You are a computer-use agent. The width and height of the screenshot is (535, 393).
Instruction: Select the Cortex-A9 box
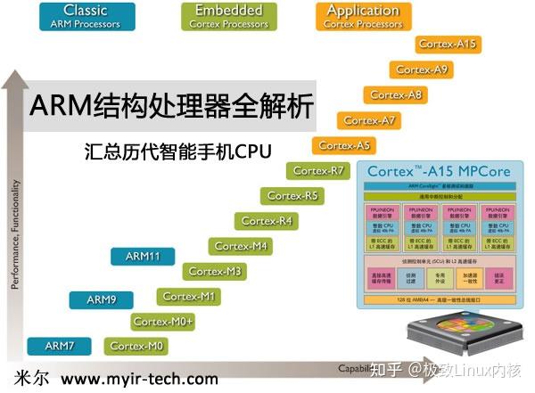click(422, 69)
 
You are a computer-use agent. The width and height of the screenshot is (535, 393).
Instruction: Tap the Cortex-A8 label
click(395, 94)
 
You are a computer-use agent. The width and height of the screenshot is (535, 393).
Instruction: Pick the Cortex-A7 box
click(369, 119)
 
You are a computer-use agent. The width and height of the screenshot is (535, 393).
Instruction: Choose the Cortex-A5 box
click(343, 145)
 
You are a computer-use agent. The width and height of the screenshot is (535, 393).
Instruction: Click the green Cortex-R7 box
click(317, 170)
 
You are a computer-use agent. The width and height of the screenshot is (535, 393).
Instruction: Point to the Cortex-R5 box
click(292, 195)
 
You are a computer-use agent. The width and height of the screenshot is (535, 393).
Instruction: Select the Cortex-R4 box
click(267, 220)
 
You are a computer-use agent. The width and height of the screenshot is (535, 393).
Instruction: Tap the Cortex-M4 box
click(241, 246)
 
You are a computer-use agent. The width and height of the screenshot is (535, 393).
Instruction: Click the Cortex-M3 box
click(215, 271)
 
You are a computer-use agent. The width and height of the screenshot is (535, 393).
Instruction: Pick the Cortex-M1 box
click(189, 296)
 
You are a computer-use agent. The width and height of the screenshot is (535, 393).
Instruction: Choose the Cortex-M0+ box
click(163, 321)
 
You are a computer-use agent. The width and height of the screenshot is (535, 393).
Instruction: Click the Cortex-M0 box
click(136, 346)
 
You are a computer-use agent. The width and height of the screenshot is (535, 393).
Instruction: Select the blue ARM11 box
click(143, 256)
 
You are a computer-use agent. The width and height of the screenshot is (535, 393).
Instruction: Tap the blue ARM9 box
click(102, 299)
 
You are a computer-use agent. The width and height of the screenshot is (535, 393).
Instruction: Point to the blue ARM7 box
click(61, 346)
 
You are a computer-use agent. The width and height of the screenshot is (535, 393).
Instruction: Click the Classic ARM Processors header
click(86, 16)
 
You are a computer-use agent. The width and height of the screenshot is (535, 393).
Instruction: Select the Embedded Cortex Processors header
click(228, 16)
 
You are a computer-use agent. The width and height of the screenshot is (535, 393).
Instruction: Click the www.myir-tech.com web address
click(139, 379)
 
